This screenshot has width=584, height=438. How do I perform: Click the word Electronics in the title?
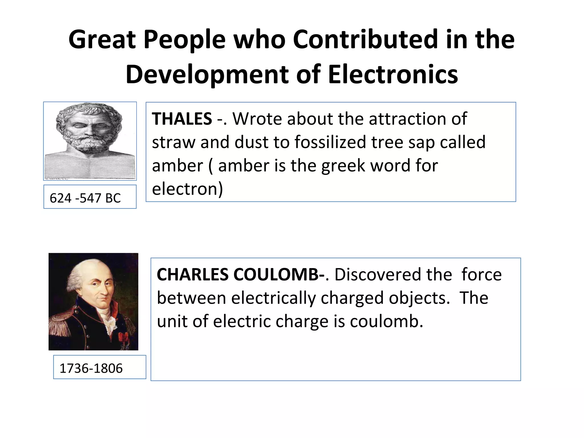(x=393, y=74)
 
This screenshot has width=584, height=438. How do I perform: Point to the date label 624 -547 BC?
(x=85, y=198)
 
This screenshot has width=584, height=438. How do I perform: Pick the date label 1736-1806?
(x=91, y=368)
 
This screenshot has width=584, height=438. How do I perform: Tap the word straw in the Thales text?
(x=173, y=142)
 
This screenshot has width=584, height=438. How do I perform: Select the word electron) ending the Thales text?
(x=187, y=189)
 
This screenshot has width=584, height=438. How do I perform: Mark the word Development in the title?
(x=207, y=74)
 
